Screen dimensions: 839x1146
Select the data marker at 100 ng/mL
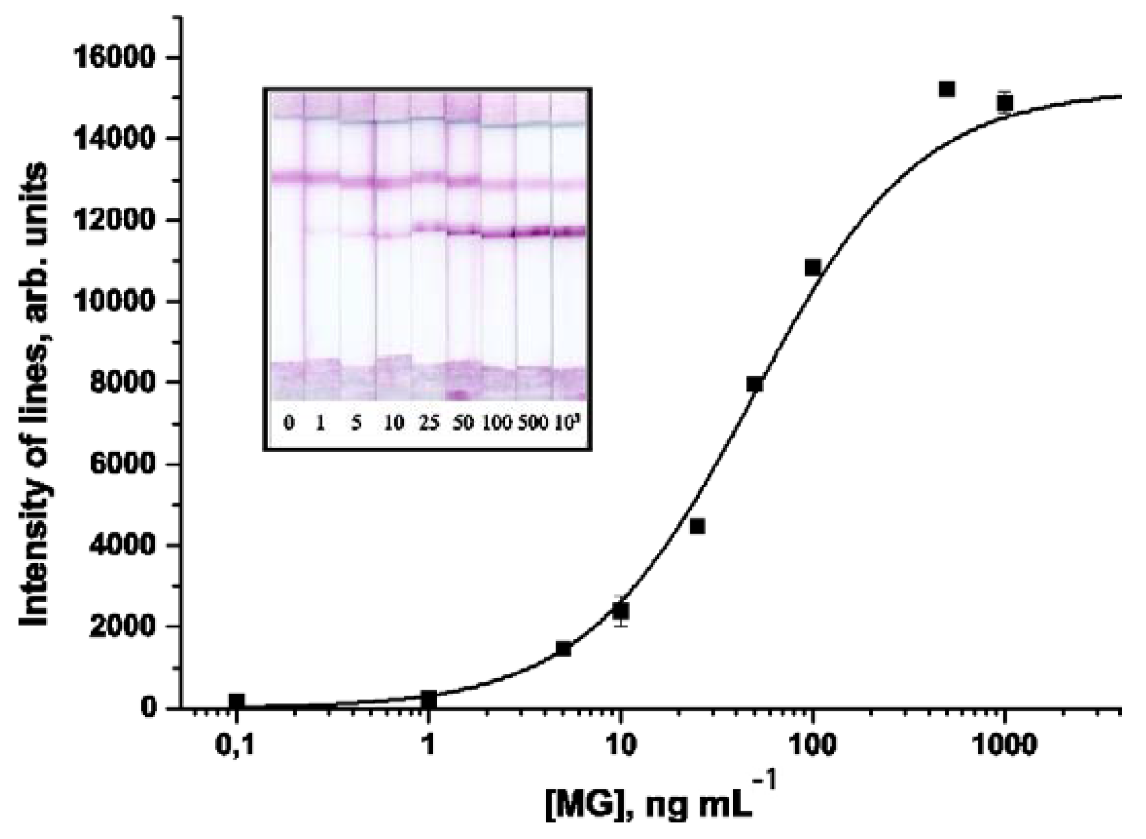[813, 267]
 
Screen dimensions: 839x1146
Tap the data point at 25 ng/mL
[698, 527]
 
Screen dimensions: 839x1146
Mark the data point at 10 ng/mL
[620, 610]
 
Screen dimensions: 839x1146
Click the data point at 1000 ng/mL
[1005, 103]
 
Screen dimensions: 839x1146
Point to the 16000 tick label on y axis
[113, 57]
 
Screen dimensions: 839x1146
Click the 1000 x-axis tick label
[1004, 745]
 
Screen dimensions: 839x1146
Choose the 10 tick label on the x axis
[619, 745]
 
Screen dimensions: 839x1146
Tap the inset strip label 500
[533, 423]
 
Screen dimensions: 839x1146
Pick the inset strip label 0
[288, 423]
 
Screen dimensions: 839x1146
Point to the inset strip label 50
[462, 423]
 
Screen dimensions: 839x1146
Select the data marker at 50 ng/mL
[755, 384]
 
